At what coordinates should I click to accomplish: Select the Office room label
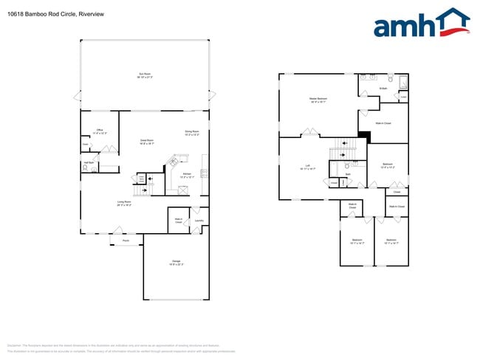click(100, 131)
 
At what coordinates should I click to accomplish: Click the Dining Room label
click(192, 133)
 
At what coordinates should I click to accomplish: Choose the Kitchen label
click(188, 175)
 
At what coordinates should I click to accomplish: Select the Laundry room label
click(199, 221)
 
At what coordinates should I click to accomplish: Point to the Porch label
click(126, 240)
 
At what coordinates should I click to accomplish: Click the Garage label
click(176, 262)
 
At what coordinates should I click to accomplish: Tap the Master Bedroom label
click(318, 100)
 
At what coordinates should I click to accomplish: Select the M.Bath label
click(383, 89)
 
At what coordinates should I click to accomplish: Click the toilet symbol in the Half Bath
click(86, 169)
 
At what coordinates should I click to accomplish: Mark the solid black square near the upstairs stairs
click(363, 135)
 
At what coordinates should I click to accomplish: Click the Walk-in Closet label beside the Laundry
click(179, 220)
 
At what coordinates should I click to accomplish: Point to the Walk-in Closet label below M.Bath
click(383, 123)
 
